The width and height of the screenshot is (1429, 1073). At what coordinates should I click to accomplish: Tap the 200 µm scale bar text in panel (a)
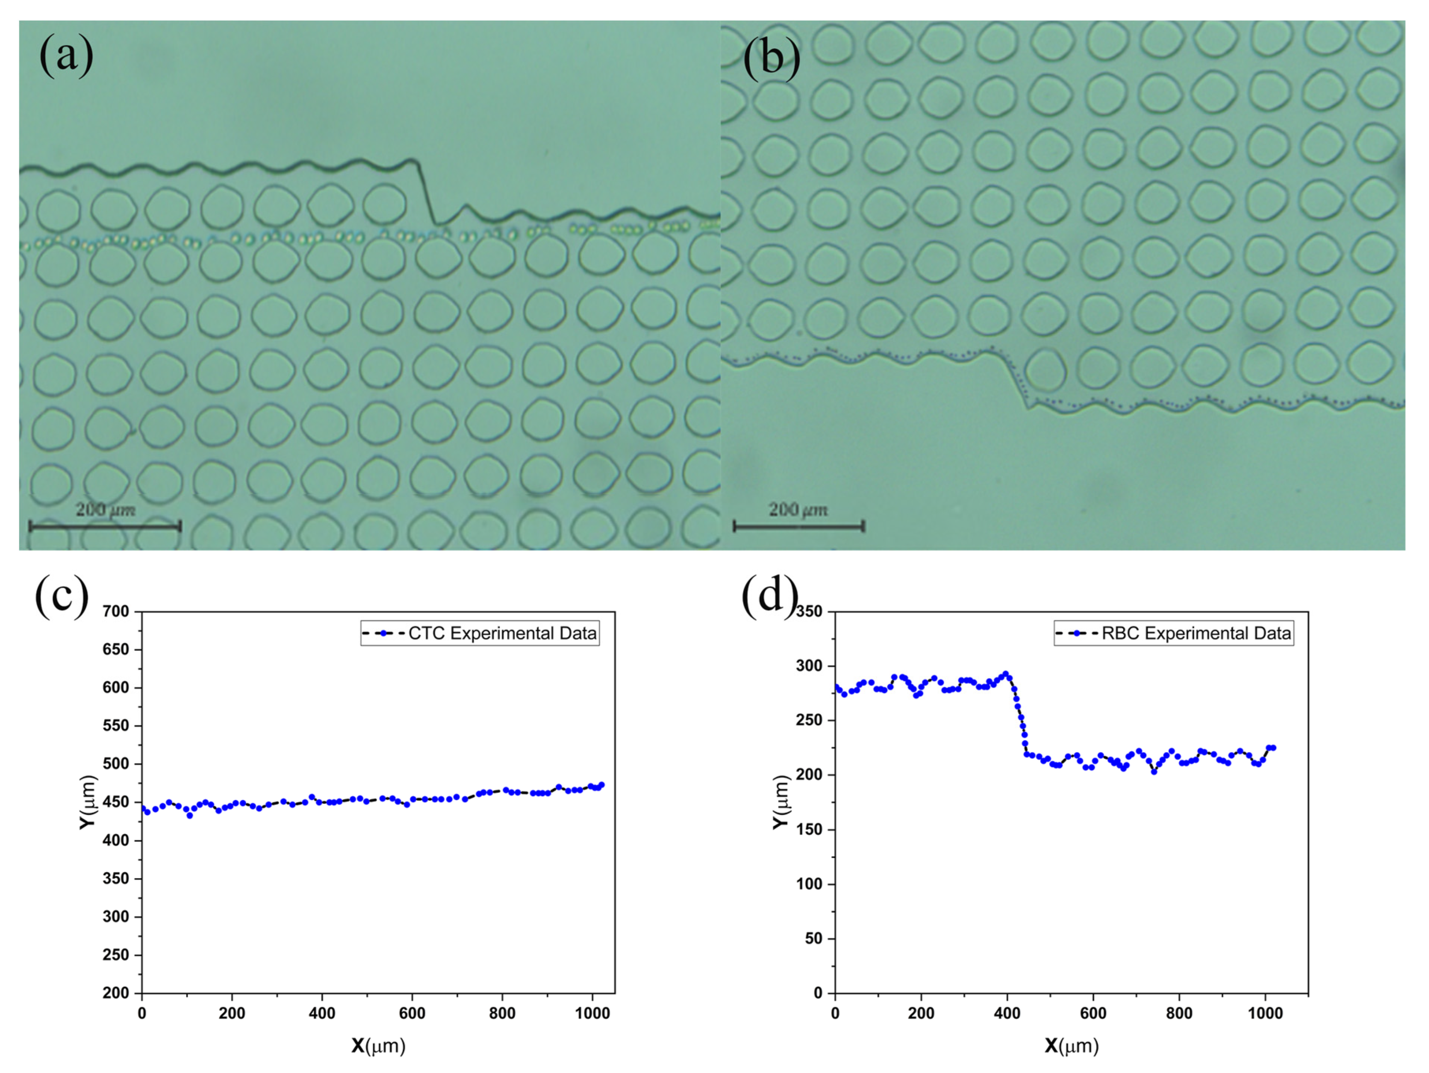(x=105, y=510)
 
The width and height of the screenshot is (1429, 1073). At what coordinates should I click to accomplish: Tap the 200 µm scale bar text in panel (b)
(x=798, y=510)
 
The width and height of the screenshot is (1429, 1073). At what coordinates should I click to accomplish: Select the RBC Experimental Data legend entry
(x=1174, y=633)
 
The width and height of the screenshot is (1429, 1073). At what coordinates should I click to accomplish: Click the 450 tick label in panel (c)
(x=116, y=802)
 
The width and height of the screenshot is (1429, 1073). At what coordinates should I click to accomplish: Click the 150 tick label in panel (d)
(x=810, y=830)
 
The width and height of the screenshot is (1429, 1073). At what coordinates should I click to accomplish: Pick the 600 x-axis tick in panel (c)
(x=412, y=1014)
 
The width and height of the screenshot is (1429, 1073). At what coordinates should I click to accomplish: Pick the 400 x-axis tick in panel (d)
(x=1007, y=1014)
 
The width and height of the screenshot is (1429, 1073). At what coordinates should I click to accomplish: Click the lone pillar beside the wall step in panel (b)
(x=1045, y=371)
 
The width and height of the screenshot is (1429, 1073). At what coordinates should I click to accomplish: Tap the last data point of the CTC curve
(x=602, y=785)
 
